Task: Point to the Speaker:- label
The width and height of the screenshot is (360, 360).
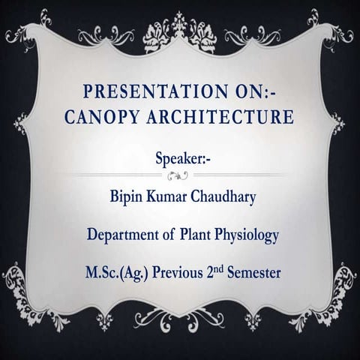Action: [x=183, y=159]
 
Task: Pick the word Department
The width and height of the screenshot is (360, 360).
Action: [x=124, y=235]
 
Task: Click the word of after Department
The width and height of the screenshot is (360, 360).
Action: [x=169, y=235]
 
